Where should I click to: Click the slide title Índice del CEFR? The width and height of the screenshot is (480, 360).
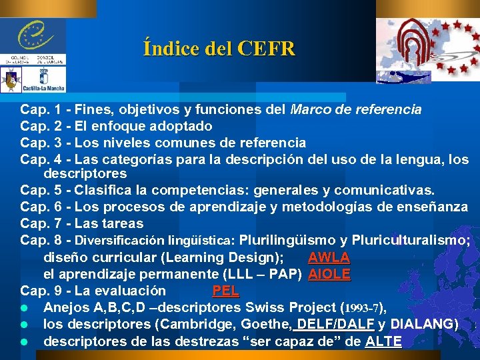pos(219,49)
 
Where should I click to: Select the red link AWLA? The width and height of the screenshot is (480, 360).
pos(329,257)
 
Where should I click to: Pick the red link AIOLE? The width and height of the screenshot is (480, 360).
pos(329,274)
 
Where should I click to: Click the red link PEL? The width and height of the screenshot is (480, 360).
pos(225,291)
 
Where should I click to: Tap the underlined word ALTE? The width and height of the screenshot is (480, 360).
pos(383,341)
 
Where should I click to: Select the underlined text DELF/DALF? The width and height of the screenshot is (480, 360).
pos(336,325)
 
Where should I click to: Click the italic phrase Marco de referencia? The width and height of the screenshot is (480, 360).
pos(356,109)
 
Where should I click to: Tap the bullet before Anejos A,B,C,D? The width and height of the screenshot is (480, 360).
pos(24,308)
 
